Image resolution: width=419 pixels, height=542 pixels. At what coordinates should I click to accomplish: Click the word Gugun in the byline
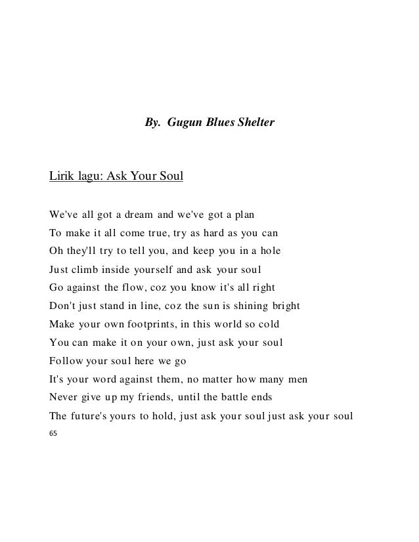pyautogui.click(x=183, y=122)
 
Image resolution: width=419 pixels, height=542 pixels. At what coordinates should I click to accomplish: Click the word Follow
pyautogui.click(x=65, y=360)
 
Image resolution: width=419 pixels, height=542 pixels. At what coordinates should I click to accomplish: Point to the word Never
pyautogui.click(x=64, y=397)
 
